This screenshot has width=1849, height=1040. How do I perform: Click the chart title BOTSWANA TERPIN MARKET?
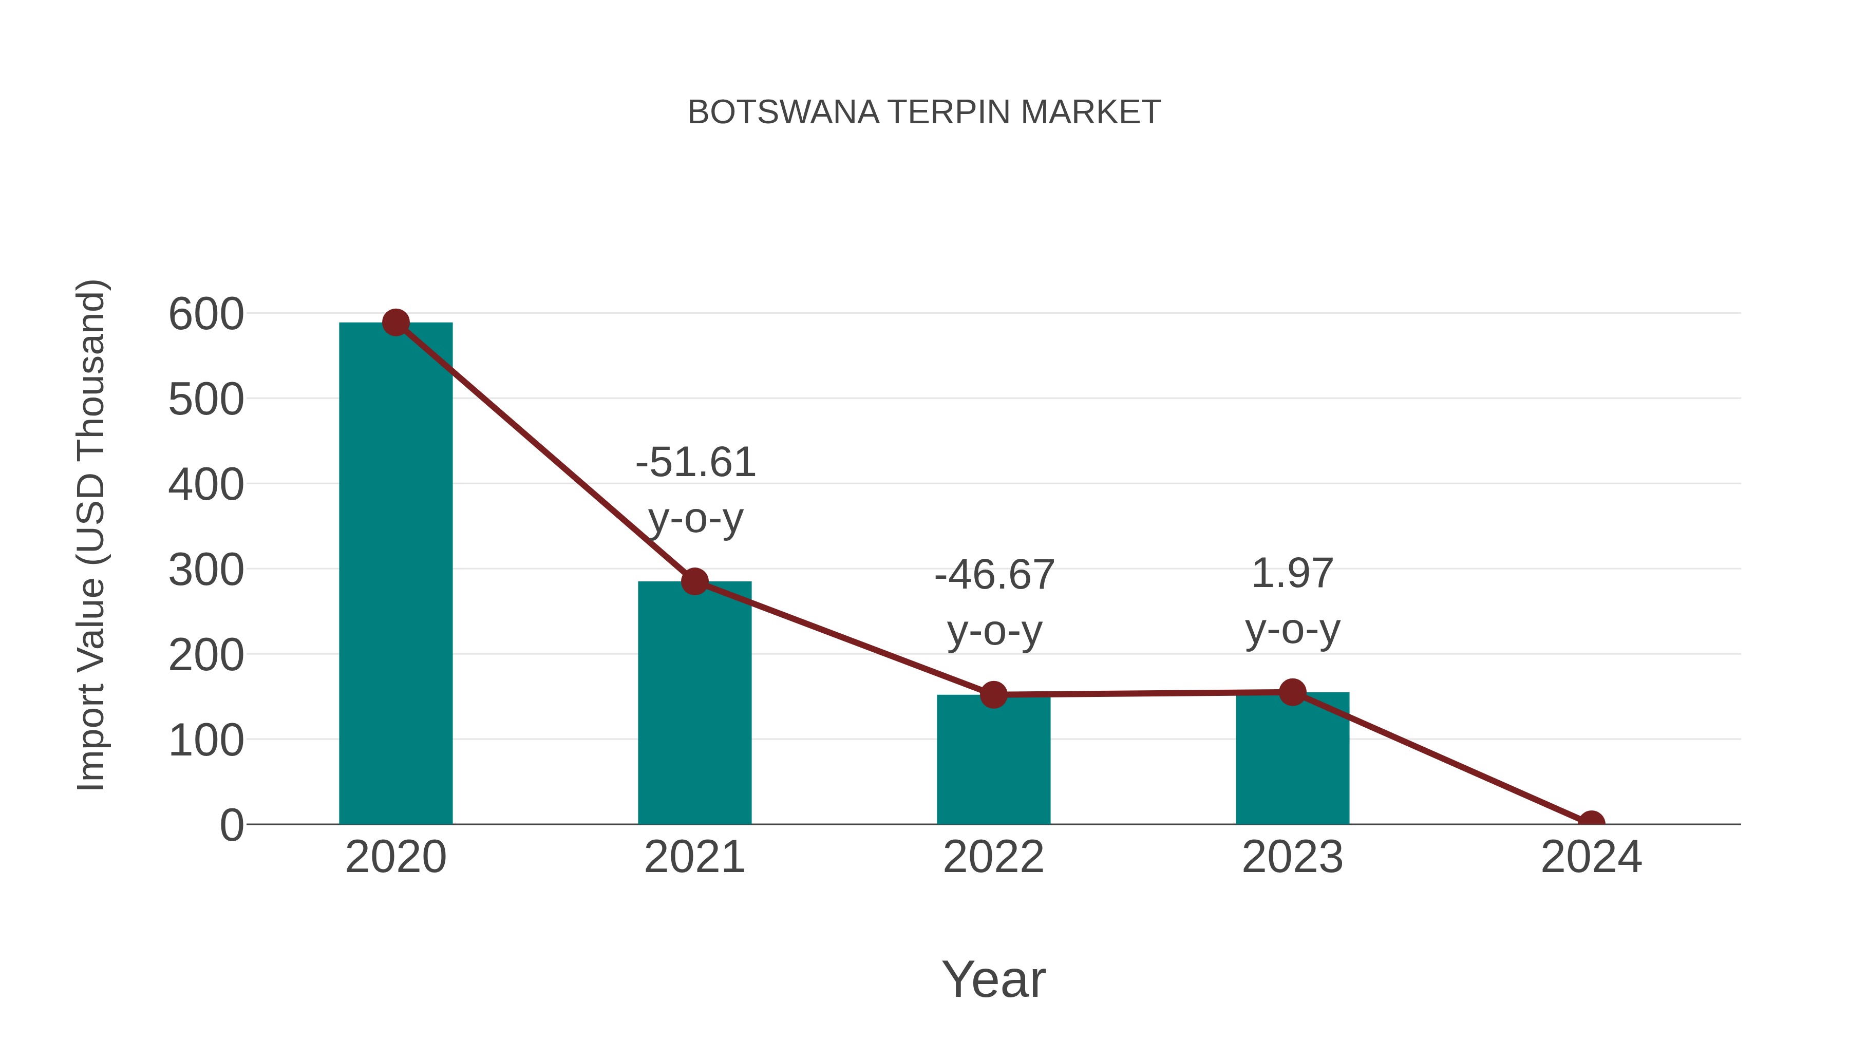click(924, 112)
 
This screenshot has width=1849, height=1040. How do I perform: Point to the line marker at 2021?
click(694, 581)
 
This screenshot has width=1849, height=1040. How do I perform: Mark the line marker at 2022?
click(993, 695)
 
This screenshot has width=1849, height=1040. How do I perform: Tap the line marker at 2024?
click(1591, 823)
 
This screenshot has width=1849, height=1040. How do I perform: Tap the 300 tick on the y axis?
click(206, 571)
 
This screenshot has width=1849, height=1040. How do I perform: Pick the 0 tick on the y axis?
click(231, 825)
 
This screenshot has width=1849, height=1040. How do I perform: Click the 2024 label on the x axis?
click(1591, 857)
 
